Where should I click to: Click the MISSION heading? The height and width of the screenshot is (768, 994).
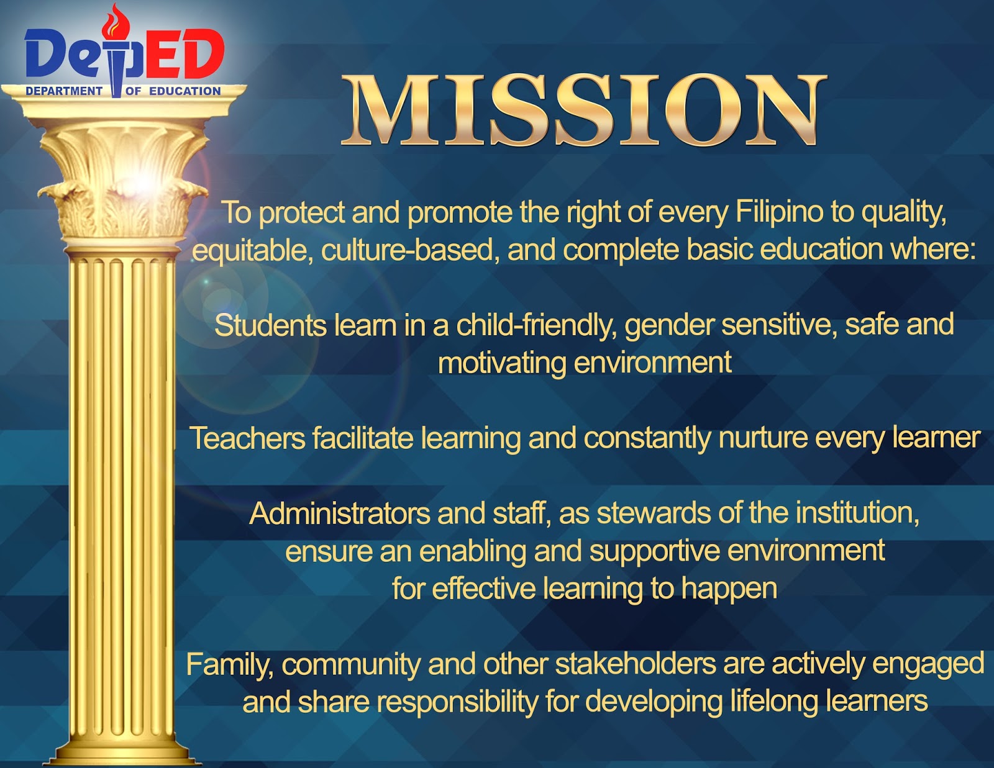click(584, 111)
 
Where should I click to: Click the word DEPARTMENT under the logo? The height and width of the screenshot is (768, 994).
click(64, 91)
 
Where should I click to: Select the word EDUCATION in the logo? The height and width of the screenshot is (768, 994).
click(185, 91)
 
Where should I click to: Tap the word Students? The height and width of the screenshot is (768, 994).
click(270, 326)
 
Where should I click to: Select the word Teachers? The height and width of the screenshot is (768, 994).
click(247, 438)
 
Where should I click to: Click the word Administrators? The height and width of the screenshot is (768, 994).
click(340, 514)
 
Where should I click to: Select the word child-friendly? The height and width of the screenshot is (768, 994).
click(537, 326)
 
